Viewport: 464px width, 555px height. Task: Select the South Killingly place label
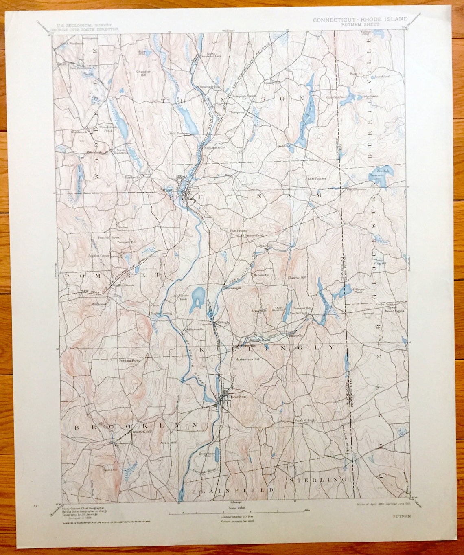(305, 420)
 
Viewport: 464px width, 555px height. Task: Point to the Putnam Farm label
(126, 360)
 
